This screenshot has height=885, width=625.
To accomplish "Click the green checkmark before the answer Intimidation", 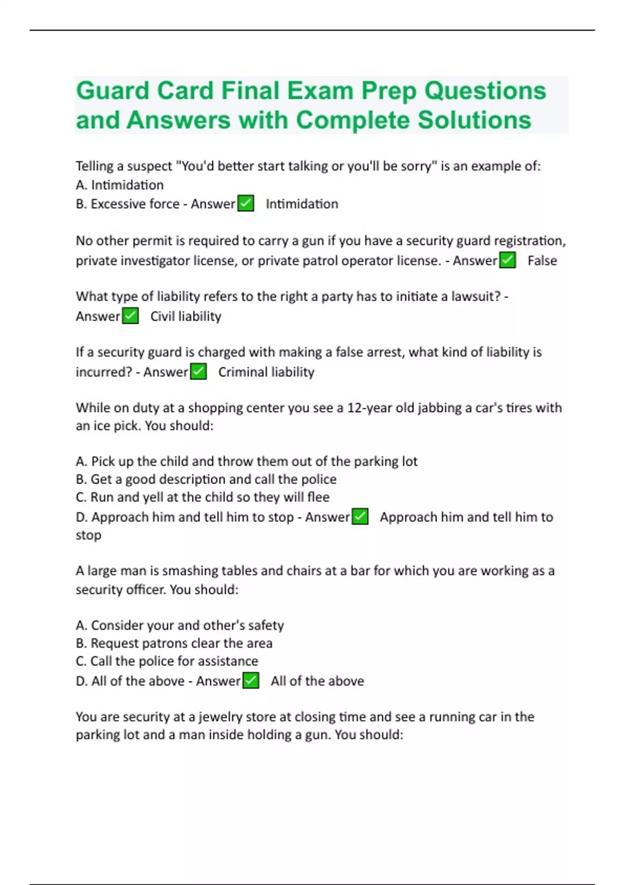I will click(245, 204).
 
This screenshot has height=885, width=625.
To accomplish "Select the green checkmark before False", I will click(507, 260).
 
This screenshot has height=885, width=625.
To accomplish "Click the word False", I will click(542, 260).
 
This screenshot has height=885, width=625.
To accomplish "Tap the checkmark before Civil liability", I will click(130, 316).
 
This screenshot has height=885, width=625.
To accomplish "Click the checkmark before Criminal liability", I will click(198, 372).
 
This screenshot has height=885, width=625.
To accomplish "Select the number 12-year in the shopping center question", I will click(370, 408).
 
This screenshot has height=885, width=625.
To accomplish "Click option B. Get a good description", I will click(206, 479).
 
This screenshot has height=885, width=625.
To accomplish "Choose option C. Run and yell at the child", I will click(202, 497).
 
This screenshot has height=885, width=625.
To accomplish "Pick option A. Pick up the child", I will click(246, 461).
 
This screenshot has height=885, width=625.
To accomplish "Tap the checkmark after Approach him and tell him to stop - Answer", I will click(360, 516).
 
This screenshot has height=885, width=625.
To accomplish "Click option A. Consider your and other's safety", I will click(179, 625).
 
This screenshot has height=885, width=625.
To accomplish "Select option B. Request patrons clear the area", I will click(173, 643).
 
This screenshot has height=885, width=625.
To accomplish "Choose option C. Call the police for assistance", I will click(167, 661).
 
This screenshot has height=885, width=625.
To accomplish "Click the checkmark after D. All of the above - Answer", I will click(251, 680).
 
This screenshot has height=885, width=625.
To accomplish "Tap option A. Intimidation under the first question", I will click(119, 185).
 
